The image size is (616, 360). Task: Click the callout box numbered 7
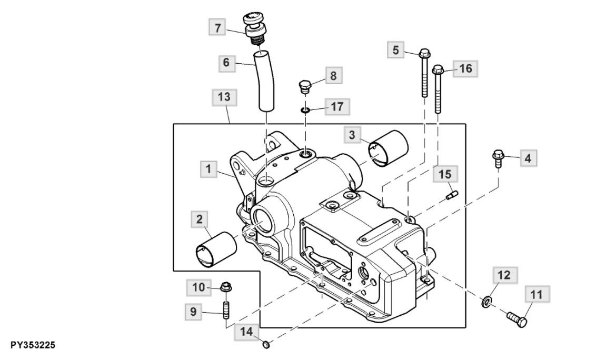click(x=217, y=28)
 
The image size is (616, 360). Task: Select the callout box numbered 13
click(x=224, y=97)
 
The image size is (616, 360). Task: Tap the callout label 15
click(x=445, y=174)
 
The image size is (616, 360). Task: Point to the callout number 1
click(x=208, y=169)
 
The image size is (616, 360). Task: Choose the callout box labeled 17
click(x=337, y=107)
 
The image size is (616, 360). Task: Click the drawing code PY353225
click(x=33, y=345)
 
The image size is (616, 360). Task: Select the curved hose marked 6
click(x=265, y=81)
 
